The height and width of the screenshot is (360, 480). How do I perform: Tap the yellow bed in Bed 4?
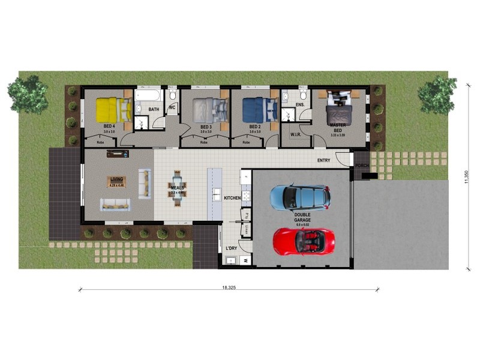tap(113, 110)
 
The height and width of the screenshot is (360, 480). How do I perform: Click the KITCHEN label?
tap(232, 197)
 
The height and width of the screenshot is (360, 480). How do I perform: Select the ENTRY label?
tap(323, 160)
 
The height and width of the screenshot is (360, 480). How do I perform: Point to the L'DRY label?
tap(231, 248)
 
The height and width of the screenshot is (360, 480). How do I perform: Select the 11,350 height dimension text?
tap(466, 178)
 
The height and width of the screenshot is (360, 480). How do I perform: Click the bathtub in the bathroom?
tap(148, 95)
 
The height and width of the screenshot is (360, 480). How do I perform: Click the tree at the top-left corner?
tap(28, 94)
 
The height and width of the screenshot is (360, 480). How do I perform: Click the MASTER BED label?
tap(338, 127)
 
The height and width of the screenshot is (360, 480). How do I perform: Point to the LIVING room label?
tap(116, 179)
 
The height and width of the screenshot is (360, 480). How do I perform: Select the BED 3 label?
tap(206, 127)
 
